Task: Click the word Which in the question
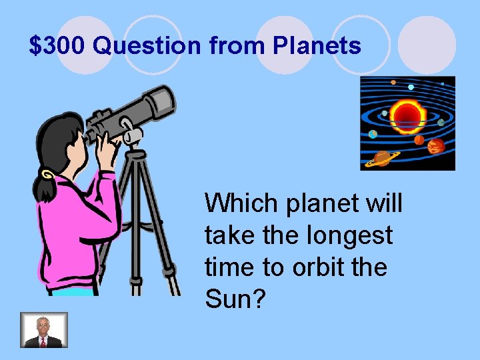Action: tap(242, 203)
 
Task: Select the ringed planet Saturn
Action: tap(383, 157)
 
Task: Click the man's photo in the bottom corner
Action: tap(44, 329)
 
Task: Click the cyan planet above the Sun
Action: tap(411, 87)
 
